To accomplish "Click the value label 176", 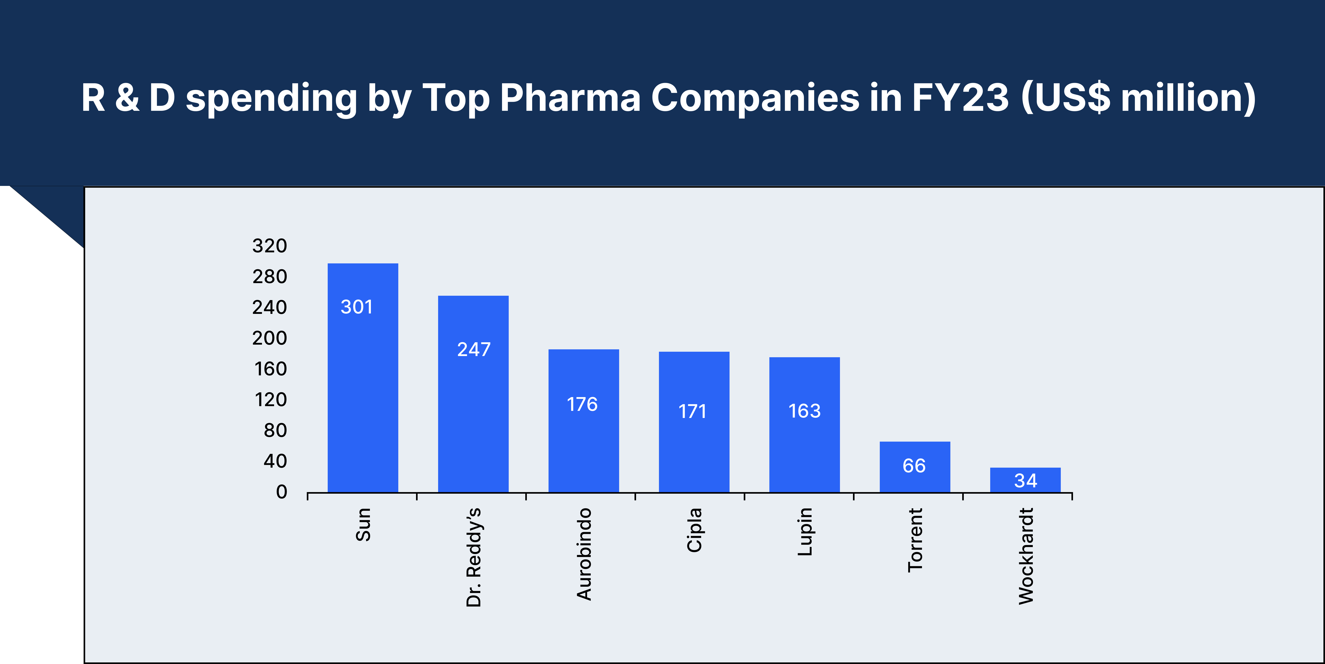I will tap(582, 404).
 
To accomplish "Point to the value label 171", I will tap(692, 411).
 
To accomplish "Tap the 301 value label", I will tap(356, 307).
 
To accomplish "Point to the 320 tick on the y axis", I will tap(270, 246).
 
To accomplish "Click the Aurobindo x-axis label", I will tap(584, 554).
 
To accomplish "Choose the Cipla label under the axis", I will tap(694, 530).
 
